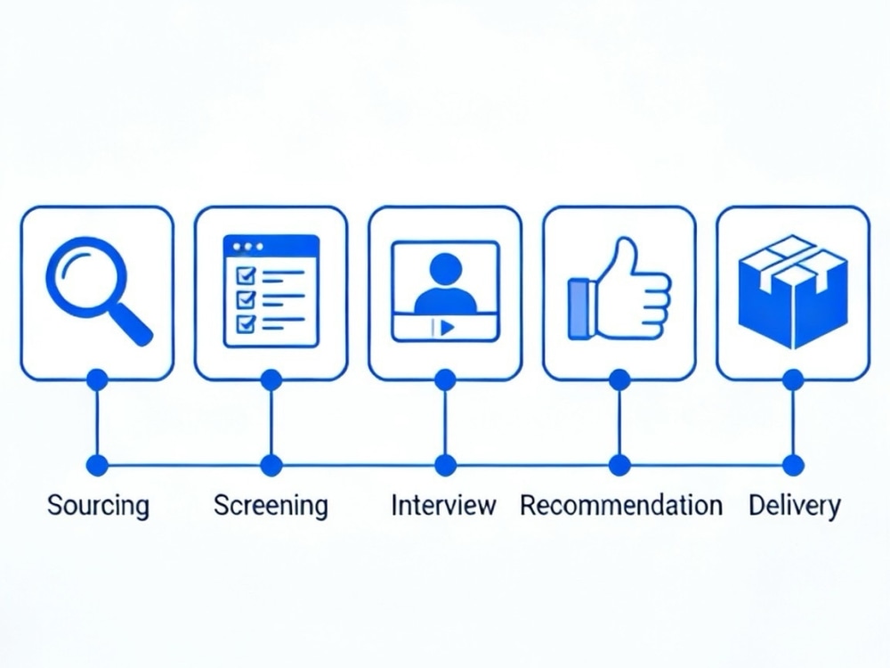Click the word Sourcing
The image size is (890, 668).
click(98, 505)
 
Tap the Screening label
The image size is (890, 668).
click(271, 505)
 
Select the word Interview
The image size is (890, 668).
click(444, 505)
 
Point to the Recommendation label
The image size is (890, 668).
click(621, 505)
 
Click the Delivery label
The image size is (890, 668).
click(794, 505)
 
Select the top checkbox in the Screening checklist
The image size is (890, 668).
click(246, 275)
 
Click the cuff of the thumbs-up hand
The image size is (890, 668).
click(579, 309)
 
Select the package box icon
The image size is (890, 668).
click(793, 292)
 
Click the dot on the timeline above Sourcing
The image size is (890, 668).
click(98, 465)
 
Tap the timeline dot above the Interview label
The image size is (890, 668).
click(445, 465)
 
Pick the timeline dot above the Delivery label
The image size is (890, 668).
click(793, 465)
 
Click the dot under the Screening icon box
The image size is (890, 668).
click(271, 380)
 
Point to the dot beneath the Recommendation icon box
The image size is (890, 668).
click(619, 380)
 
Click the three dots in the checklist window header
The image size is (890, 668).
click(248, 247)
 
